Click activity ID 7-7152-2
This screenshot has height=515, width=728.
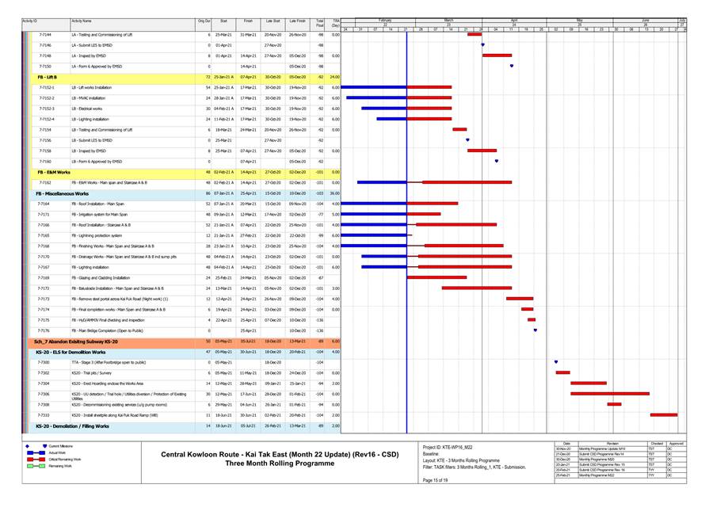click(x=47, y=97)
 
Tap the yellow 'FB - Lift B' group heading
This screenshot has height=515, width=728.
click(x=48, y=77)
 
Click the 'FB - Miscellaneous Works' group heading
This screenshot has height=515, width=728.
click(x=64, y=193)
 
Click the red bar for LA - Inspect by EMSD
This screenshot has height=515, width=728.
click(x=497, y=55)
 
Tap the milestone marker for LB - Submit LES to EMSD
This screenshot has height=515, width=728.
click(x=467, y=139)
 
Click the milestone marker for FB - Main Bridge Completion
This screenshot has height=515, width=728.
click(x=536, y=330)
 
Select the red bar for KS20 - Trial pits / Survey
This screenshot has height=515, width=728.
click(x=562, y=372)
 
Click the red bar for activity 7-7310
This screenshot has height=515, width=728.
click(x=663, y=414)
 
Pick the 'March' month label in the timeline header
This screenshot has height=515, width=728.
click(x=448, y=19)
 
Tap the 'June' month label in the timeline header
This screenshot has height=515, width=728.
click(x=645, y=19)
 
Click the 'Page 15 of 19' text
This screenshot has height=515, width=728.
click(x=436, y=480)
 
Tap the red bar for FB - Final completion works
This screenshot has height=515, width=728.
click(x=527, y=309)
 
